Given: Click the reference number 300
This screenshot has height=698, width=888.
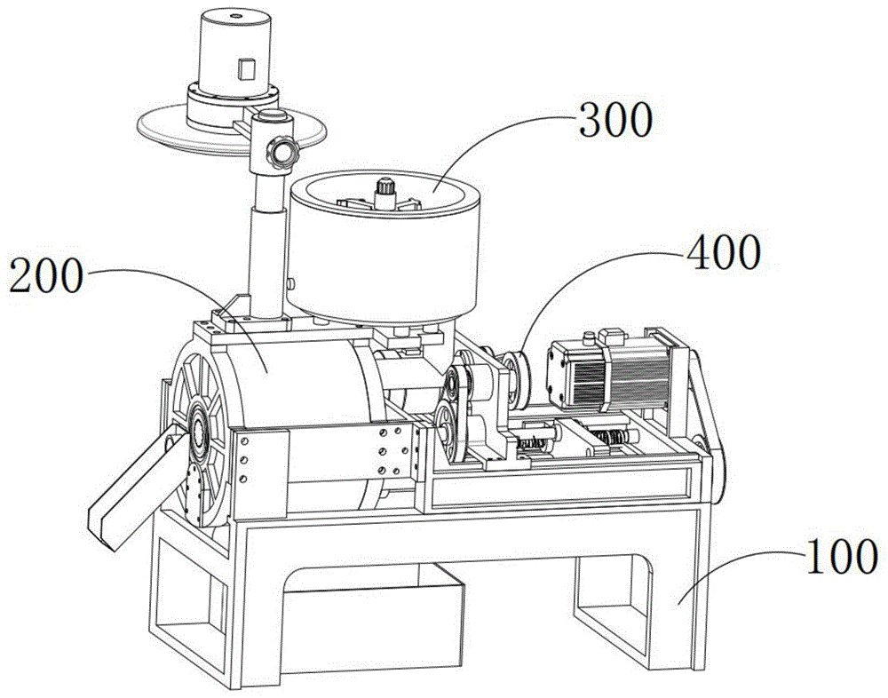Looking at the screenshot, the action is point(615,120).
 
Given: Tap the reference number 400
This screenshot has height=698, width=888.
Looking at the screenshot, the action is point(723,251).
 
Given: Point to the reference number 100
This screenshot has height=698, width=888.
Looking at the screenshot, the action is point(842,556).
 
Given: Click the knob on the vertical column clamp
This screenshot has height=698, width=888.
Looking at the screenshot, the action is point(282,151).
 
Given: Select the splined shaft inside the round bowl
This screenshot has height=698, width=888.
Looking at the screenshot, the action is point(385,193).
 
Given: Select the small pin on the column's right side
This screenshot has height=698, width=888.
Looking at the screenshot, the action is point(290,282).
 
